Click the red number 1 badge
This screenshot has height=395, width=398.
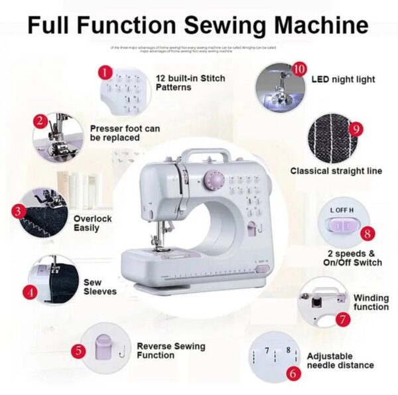[x=104, y=70]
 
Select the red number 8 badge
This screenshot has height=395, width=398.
[x=368, y=233]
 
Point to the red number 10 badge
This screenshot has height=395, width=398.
[x=299, y=69]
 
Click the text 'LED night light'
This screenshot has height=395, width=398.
[x=343, y=79]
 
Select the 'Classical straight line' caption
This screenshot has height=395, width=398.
[x=336, y=171]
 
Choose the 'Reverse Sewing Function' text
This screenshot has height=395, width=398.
[x=170, y=351]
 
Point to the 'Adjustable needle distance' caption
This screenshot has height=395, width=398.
[x=340, y=360]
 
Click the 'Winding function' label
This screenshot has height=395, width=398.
[x=371, y=303]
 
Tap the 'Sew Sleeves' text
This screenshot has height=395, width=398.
[x=100, y=287]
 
